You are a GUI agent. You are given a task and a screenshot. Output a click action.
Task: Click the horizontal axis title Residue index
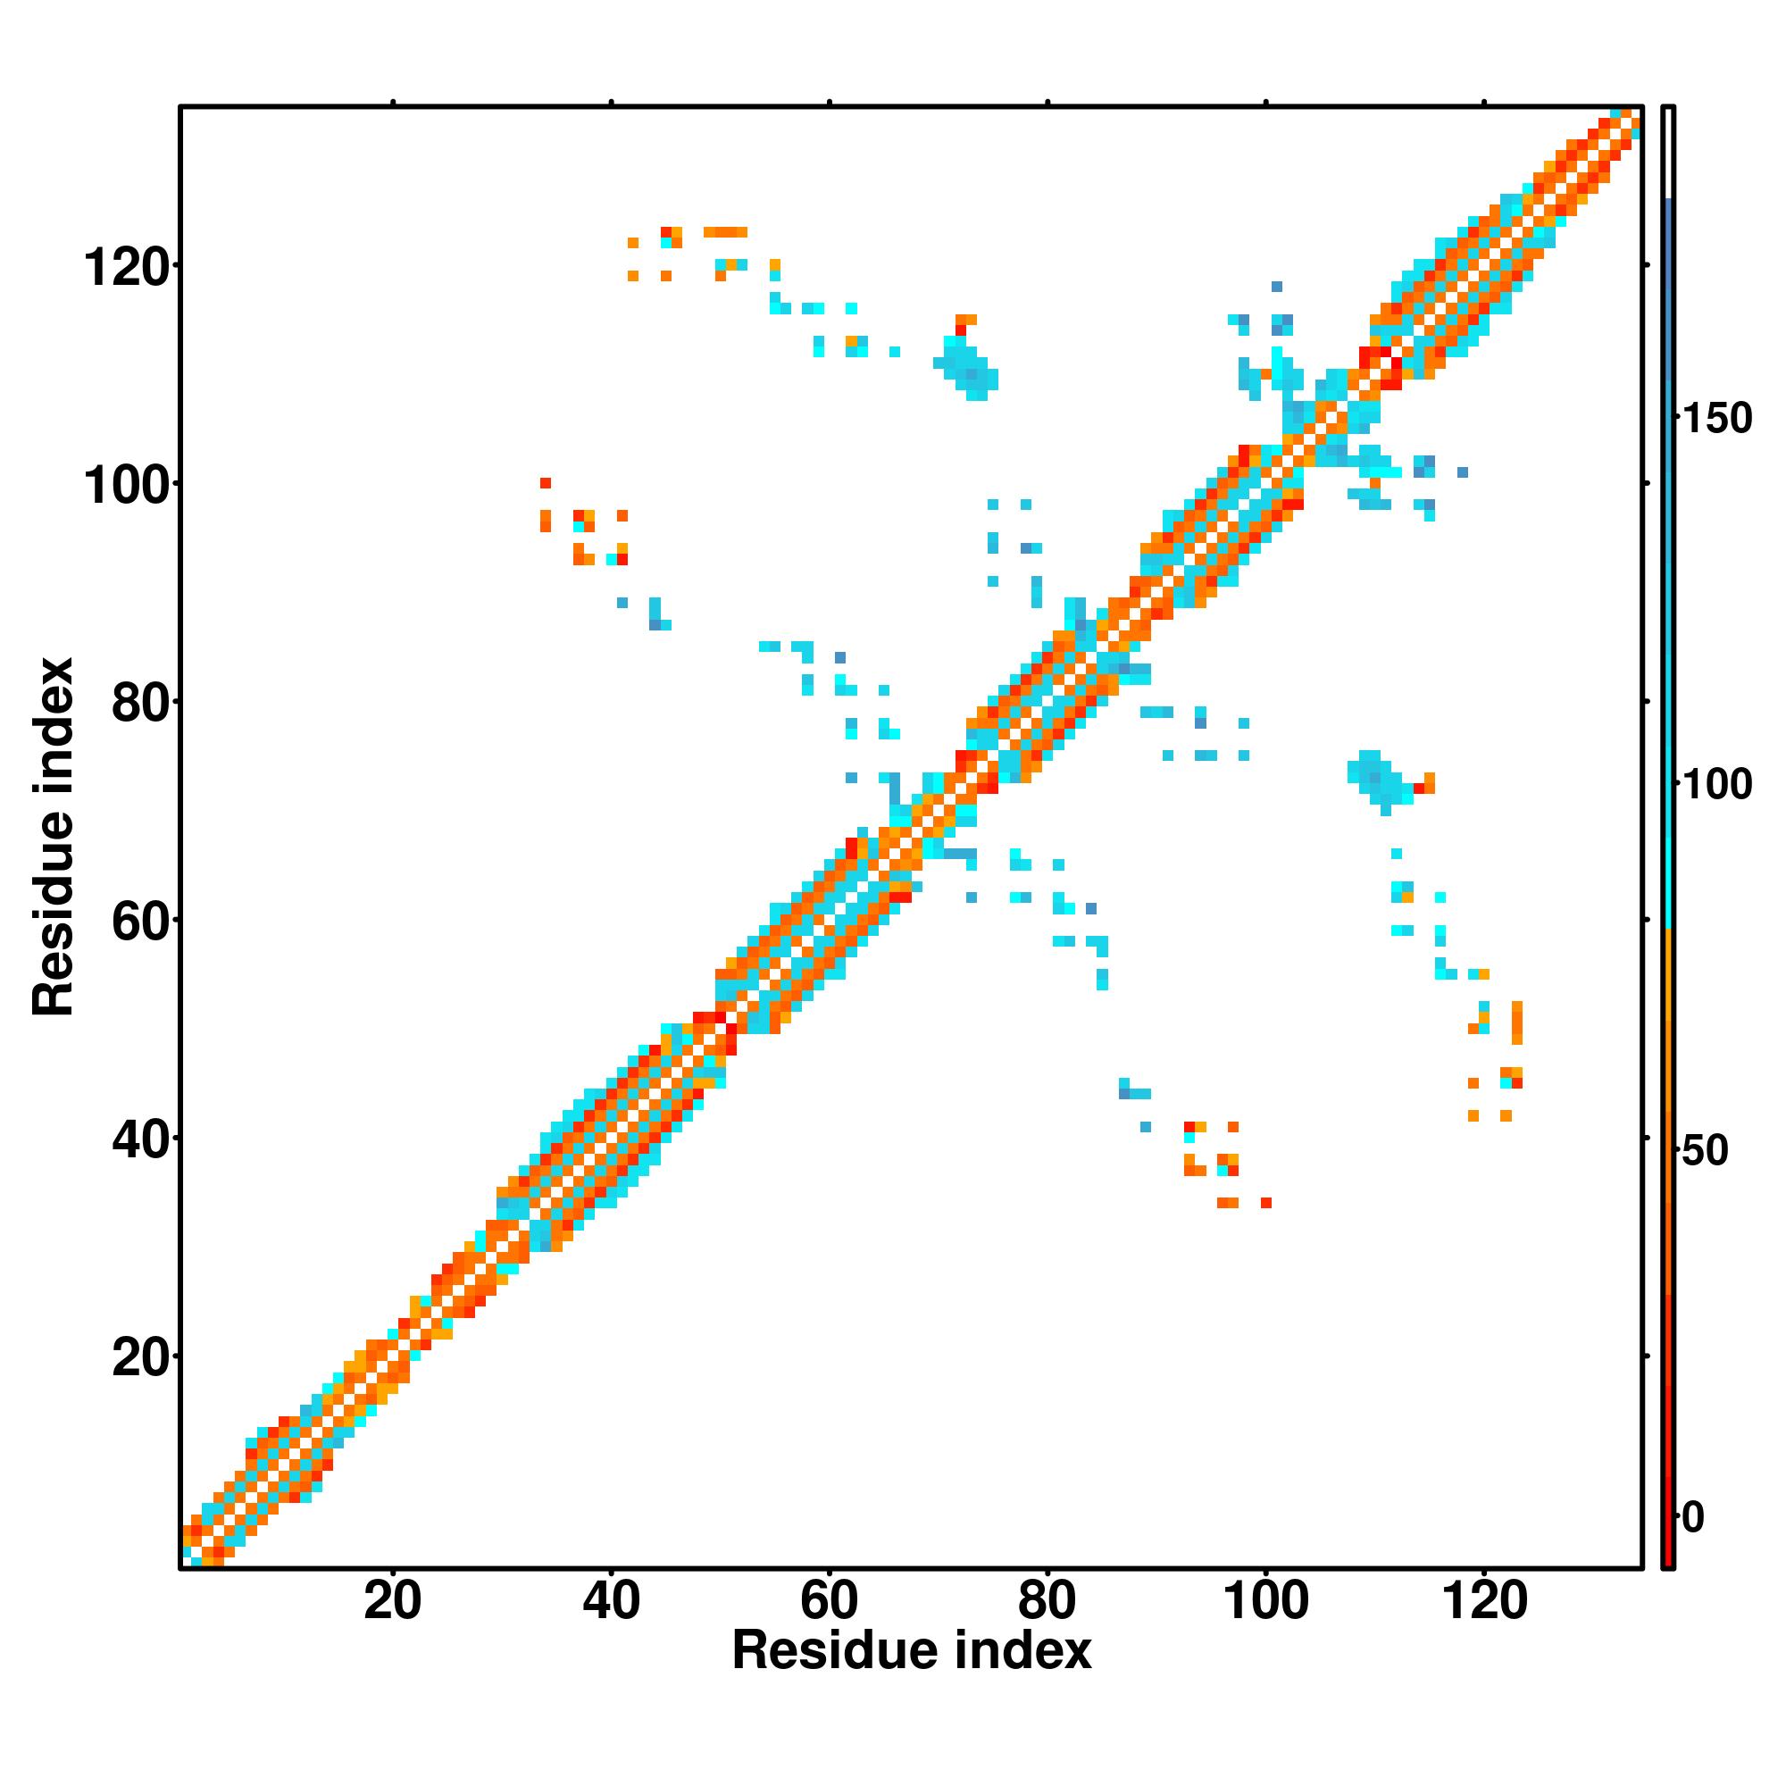(x=912, y=1677)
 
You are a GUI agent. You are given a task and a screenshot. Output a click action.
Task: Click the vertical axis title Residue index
(x=54, y=838)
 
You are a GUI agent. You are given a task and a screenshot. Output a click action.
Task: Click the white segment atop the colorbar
(x=1669, y=153)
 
